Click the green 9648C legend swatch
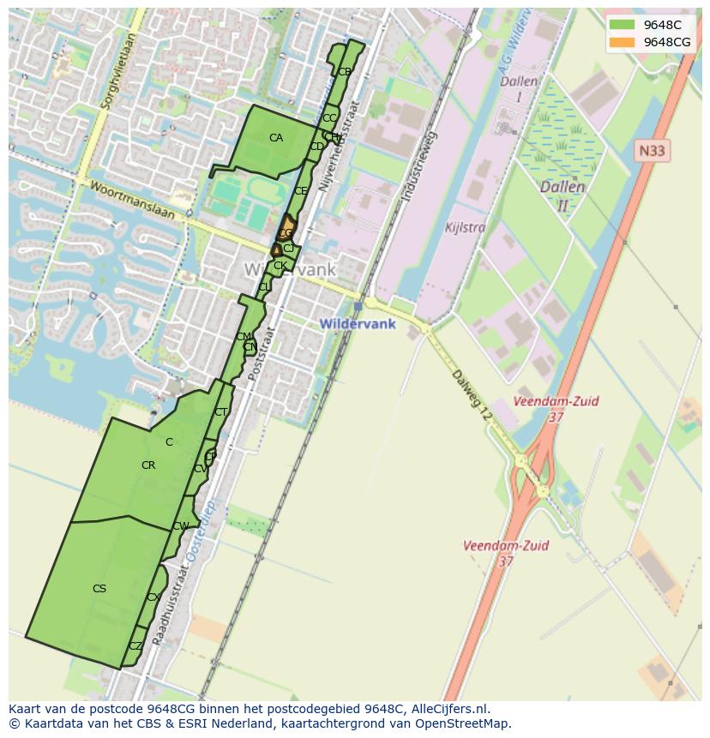tap(622, 25)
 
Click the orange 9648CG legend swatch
tap(622, 42)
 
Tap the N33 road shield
tap(653, 151)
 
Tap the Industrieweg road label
tap(419, 167)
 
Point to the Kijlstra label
tap(466, 228)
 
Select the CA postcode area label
tap(276, 137)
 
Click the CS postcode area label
tap(99, 589)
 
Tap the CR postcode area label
tap(148, 465)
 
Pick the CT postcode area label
tap(221, 412)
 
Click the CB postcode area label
tap(344, 72)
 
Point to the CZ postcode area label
tap(135, 646)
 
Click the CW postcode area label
tap(180, 526)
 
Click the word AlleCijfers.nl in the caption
tap(448, 709)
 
